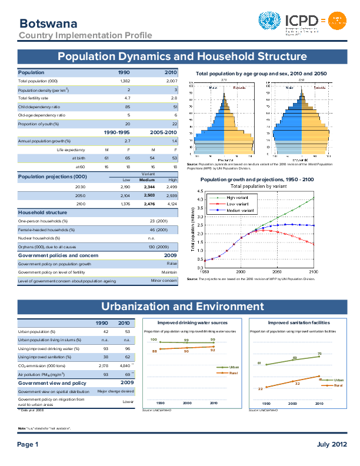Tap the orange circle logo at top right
coord(338,22)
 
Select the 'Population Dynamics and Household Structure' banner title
coord(182,56)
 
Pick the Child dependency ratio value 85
coord(128,107)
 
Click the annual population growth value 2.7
coord(128,141)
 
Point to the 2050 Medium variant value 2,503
coord(149,195)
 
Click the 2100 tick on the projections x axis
coord(314,272)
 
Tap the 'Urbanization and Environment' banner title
coord(182,307)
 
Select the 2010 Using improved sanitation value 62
coord(124,357)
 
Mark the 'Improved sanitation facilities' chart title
coord(295,323)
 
